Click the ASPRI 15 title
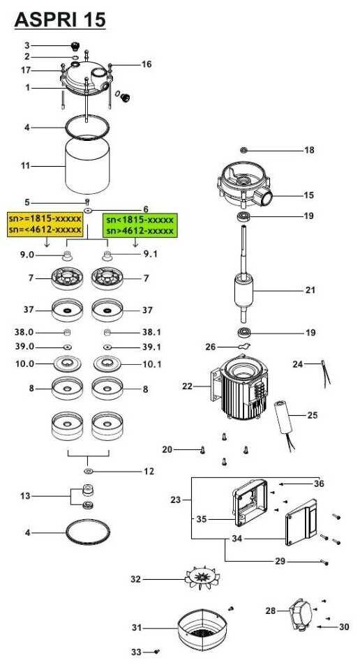[60, 20]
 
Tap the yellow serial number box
[45, 224]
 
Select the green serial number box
[140, 225]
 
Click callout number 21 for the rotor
[310, 290]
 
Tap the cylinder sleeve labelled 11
[87, 165]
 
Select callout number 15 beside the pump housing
[309, 195]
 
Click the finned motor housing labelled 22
[239, 387]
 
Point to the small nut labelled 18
[243, 150]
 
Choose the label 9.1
[151, 255]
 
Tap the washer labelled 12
[89, 472]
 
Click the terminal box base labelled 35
[250, 503]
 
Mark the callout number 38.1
[152, 332]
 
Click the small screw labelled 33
[158, 651]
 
